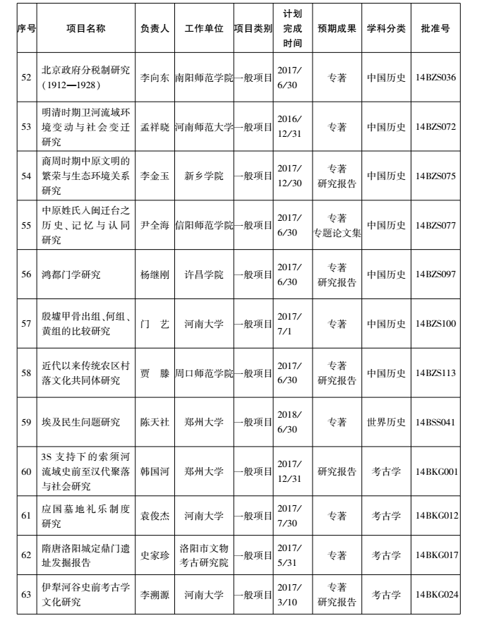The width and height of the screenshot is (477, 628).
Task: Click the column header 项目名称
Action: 86,30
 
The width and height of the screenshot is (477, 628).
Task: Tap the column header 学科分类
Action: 386,30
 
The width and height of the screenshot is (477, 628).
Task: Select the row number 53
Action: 26,127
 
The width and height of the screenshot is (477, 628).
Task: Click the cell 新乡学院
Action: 203,176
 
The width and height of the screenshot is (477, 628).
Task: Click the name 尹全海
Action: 155,225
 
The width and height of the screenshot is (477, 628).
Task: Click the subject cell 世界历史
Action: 386,422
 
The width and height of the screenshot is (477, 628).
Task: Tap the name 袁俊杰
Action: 155,516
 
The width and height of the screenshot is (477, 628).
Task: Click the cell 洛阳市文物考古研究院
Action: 203,555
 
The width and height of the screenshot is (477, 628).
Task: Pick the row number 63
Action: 26,595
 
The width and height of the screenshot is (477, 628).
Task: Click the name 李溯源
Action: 155,595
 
